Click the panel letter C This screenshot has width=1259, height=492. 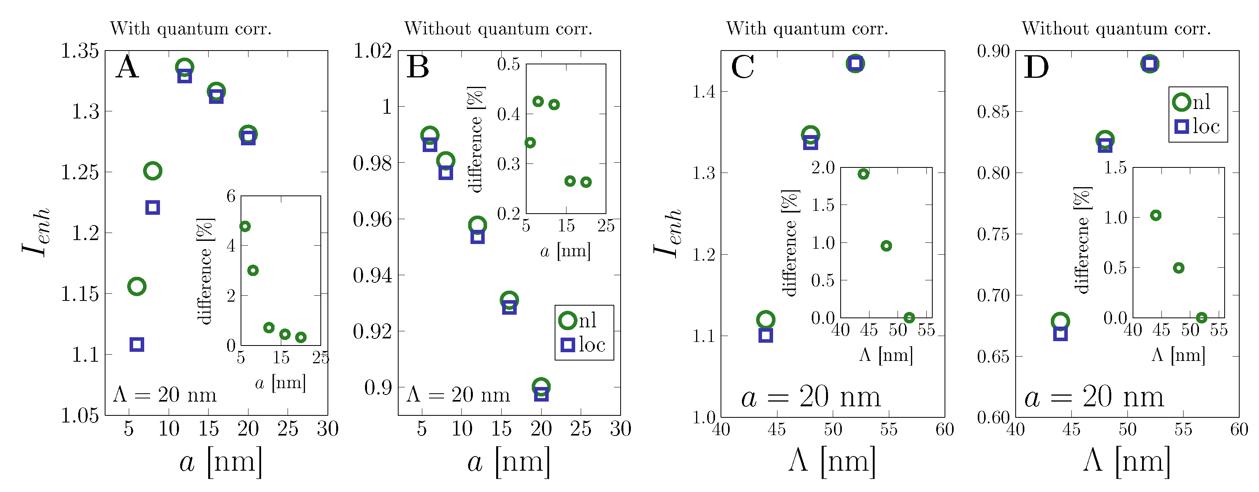(x=742, y=67)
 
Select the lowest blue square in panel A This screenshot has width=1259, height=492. (x=137, y=344)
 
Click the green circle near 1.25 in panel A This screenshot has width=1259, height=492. (x=152, y=171)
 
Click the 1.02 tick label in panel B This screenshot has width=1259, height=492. (x=373, y=51)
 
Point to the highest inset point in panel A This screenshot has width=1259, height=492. (x=245, y=226)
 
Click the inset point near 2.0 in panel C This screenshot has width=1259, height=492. (x=863, y=174)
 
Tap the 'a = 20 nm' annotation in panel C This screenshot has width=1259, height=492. (x=811, y=397)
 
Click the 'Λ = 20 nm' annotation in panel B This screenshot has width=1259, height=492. (x=458, y=394)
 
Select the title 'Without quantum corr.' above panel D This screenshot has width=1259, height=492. (x=1116, y=29)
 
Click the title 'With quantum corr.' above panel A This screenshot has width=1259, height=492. (x=191, y=29)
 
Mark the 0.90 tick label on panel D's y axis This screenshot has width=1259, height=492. (x=993, y=51)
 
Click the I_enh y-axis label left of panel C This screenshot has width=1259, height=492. (x=668, y=233)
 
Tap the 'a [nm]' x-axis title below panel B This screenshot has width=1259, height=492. (x=509, y=462)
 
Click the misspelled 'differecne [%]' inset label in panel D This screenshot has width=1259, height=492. (x=1082, y=240)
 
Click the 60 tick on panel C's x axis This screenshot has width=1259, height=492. (x=944, y=430)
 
